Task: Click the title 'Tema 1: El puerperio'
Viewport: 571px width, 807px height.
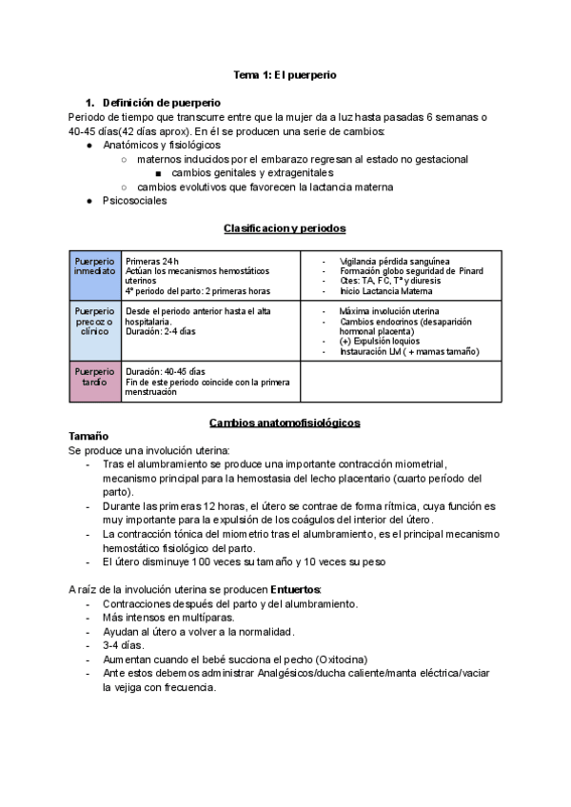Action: pyautogui.click(x=285, y=73)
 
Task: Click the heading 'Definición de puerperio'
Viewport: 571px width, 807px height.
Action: pyautogui.click(x=162, y=102)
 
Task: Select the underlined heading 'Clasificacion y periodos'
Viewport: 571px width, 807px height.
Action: pyautogui.click(x=285, y=228)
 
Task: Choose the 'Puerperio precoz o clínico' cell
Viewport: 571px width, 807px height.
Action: pyautogui.click(x=94, y=331)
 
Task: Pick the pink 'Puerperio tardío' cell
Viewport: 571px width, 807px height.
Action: pyautogui.click(x=94, y=382)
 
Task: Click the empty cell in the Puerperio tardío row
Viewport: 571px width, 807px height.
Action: pyautogui.click(x=401, y=382)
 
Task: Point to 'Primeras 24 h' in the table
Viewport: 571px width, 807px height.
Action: pyautogui.click(x=152, y=261)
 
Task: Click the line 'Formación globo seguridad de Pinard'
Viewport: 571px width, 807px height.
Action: pyautogui.click(x=410, y=271)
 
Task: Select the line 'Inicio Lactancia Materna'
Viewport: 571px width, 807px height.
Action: pyautogui.click(x=385, y=292)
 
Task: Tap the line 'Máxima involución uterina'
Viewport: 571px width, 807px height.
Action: pyautogui.click(x=388, y=311)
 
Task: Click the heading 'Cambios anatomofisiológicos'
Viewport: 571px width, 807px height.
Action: pyautogui.click(x=285, y=423)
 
